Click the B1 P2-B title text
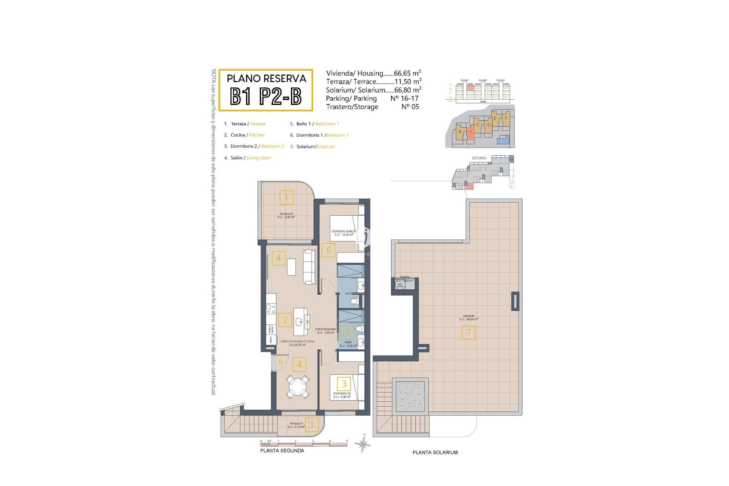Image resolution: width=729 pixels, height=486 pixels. (266, 97)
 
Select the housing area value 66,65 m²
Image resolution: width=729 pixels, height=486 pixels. (407, 73)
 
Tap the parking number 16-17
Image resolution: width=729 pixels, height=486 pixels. (404, 98)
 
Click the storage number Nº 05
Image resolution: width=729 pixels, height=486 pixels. (410, 107)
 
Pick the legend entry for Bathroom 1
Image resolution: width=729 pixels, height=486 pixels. (314, 124)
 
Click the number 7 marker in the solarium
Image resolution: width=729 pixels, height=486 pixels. (468, 333)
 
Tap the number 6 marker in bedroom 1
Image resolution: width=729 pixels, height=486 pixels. (328, 250)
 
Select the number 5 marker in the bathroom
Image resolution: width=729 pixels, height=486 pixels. (347, 332)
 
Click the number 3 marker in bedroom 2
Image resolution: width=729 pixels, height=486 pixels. (344, 383)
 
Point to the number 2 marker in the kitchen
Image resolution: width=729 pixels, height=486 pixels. (285, 320)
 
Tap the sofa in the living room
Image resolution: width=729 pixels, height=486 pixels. (309, 267)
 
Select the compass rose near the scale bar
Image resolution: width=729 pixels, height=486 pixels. (363, 443)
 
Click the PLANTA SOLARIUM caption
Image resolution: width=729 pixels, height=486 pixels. (435, 452)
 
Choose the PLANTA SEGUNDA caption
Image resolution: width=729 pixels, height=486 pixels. (282, 451)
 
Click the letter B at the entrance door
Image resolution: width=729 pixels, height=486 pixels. (281, 362)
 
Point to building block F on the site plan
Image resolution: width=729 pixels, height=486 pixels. (506, 118)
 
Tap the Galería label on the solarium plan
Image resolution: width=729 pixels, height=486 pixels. (405, 277)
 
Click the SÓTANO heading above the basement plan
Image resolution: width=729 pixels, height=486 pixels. (479, 158)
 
